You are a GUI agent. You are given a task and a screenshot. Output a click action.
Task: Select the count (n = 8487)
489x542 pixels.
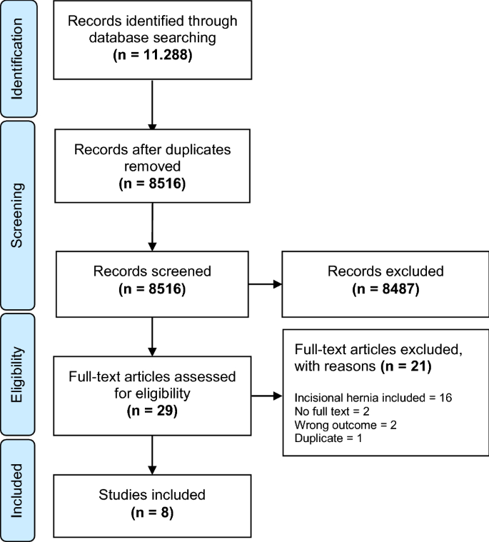[382, 290]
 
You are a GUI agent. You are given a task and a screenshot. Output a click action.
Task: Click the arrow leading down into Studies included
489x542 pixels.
[153, 453]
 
